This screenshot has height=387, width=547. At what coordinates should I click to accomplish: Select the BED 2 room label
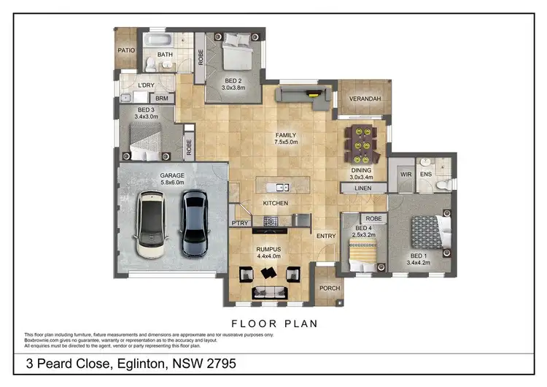click(233, 80)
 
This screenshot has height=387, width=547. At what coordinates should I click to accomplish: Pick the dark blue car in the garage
click(193, 222)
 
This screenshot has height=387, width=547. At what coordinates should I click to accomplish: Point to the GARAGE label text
click(153, 176)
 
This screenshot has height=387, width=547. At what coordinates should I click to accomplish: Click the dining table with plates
click(360, 145)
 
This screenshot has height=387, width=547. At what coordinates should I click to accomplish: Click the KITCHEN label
click(276, 203)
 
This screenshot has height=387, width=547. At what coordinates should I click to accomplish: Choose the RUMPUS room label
click(268, 250)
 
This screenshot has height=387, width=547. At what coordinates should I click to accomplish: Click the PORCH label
click(330, 288)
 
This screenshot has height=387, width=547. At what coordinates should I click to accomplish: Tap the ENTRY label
click(325, 235)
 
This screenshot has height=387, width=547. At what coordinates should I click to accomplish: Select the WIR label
click(406, 175)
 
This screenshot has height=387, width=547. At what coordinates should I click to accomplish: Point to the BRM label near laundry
click(162, 98)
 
